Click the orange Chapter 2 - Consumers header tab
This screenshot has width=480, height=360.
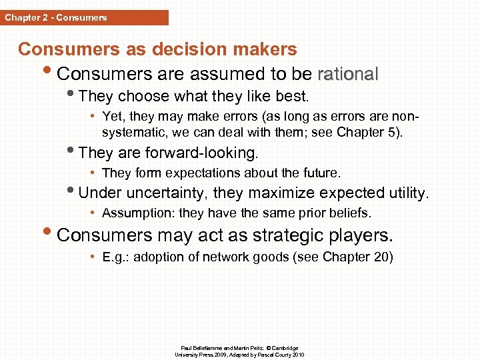[84, 17]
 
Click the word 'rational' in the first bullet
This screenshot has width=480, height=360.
[348, 73]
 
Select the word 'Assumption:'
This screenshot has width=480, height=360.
[139, 213]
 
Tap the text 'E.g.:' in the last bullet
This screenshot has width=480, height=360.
[115, 257]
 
